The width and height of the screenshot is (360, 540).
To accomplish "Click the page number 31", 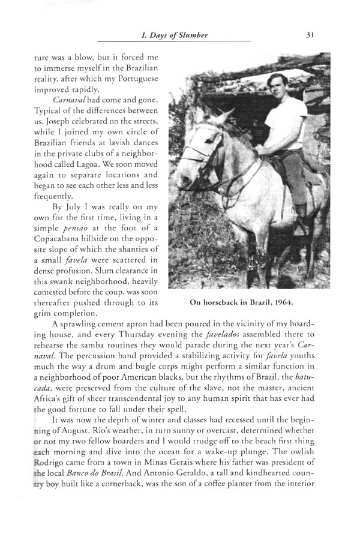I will pos(310,35).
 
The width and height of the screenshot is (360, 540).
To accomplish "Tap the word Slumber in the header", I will pos(192,35).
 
